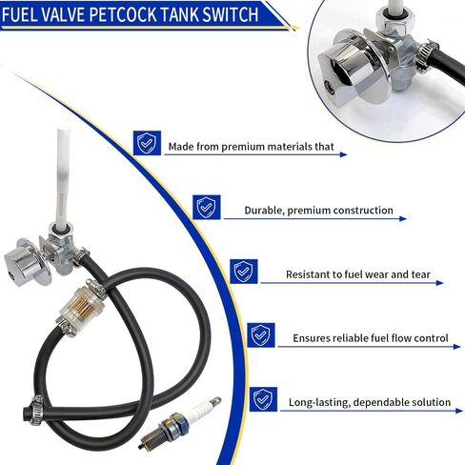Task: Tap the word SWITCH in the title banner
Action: click(231, 14)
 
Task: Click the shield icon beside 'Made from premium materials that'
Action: click(147, 143)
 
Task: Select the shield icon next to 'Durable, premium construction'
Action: click(207, 207)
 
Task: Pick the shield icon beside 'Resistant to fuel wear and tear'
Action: click(244, 272)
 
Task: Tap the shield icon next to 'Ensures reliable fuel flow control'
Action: click(261, 335)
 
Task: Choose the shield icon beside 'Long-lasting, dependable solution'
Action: click(263, 399)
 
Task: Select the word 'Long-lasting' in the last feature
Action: click(319, 402)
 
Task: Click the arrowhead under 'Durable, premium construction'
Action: click(403, 218)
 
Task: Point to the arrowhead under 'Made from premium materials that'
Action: click(343, 154)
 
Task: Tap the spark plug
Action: click(180, 422)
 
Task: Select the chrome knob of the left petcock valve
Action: click(22, 265)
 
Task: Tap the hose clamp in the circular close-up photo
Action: click(427, 54)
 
